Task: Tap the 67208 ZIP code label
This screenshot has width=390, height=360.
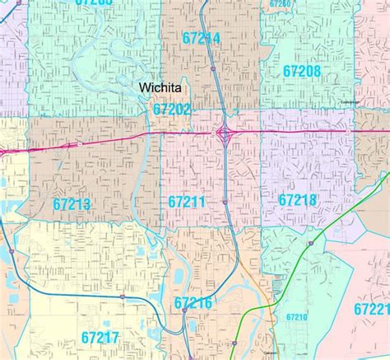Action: [x=302, y=72]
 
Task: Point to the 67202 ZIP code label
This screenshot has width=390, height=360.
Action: [x=171, y=109]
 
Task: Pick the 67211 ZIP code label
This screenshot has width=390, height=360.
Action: [x=187, y=201]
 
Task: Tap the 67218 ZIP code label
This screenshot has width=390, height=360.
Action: [x=297, y=199]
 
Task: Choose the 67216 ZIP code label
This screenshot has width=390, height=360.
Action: [x=193, y=303]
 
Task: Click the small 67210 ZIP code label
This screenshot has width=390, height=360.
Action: [x=296, y=316]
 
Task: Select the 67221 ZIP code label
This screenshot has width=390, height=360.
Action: [x=372, y=309]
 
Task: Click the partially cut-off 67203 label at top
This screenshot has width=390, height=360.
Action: [x=93, y=2]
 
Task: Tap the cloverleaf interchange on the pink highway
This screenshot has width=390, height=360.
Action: [x=224, y=131]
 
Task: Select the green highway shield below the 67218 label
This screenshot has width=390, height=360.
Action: [x=310, y=243]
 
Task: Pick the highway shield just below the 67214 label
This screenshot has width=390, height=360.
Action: [x=213, y=69]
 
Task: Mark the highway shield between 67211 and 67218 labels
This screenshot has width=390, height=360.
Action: [x=225, y=201]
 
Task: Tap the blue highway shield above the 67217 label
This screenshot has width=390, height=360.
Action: [x=121, y=295]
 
